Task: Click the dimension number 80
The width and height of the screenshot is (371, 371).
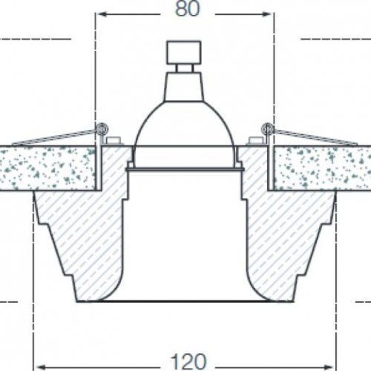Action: click(187, 10)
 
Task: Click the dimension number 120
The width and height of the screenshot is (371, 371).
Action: click(188, 361)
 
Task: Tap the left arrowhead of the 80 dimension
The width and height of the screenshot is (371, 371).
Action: click(102, 14)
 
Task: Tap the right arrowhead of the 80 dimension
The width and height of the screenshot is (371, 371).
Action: click(266, 14)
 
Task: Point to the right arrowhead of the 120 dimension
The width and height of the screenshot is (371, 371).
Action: click(328, 367)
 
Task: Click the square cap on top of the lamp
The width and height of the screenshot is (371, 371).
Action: click(184, 53)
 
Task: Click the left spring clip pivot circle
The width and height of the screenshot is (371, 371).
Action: click(101, 128)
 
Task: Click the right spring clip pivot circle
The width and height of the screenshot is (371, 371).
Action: click(267, 128)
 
